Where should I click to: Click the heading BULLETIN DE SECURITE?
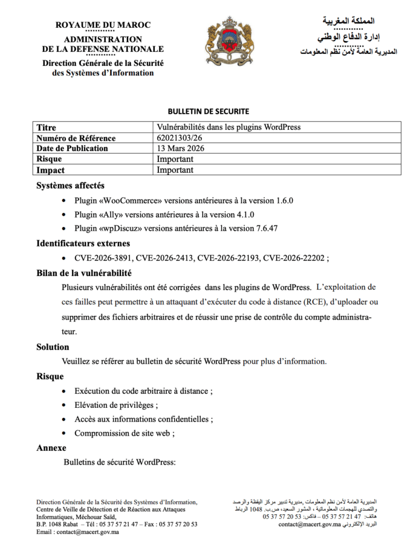208,112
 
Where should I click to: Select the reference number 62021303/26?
183,138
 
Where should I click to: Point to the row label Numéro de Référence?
76,138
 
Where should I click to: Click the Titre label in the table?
46,128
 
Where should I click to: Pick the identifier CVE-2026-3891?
103,257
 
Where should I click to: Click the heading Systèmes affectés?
70,186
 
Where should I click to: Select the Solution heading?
53,347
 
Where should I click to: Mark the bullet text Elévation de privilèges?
116,405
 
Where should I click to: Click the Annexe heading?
51,448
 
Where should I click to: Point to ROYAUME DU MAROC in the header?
103,25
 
